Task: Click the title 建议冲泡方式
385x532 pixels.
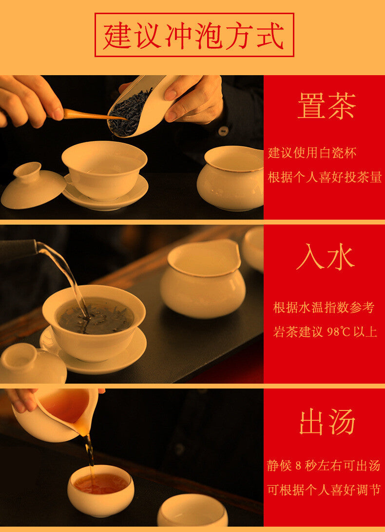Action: click(194, 36)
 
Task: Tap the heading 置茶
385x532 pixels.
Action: click(327, 105)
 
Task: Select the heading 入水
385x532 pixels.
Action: click(326, 257)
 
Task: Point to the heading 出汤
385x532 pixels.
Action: click(327, 422)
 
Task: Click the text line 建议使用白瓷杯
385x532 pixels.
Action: click(312, 153)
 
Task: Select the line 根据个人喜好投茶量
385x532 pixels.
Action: click(325, 177)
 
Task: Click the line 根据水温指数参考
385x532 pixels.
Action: click(324, 307)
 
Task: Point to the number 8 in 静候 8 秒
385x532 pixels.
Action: click(298, 466)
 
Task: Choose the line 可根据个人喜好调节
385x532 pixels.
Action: click(324, 490)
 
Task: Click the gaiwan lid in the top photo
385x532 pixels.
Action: click(33, 185)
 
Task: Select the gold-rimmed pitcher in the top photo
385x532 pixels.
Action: click(231, 178)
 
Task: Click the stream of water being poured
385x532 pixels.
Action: click(64, 275)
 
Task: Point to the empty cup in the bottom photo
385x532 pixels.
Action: click(192, 511)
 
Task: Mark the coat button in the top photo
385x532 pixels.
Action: click(223, 131)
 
